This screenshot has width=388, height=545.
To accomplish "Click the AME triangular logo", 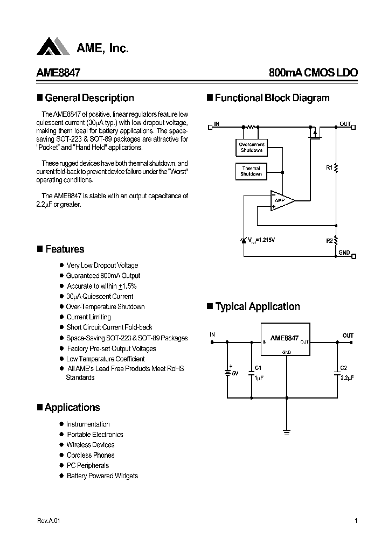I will click(53, 47).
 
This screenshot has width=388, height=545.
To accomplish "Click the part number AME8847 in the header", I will click(59, 73).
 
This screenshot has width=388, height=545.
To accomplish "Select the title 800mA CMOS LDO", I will click(313, 73).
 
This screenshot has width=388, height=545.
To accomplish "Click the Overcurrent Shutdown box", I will click(251, 147).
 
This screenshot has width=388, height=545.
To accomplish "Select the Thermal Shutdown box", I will click(251, 171).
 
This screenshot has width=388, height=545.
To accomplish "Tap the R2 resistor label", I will click(329, 240).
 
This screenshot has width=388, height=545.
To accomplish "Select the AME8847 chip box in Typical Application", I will click(285, 339).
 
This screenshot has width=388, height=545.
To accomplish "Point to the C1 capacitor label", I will click(258, 367).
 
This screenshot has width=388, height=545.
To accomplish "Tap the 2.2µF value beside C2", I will click(347, 378).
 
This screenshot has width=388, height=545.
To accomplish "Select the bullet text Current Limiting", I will click(88, 317).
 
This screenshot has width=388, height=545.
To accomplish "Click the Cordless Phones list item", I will click(90, 455).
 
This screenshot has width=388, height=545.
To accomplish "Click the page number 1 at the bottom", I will click(356, 521).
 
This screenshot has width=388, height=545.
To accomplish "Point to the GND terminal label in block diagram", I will click(344, 253).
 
